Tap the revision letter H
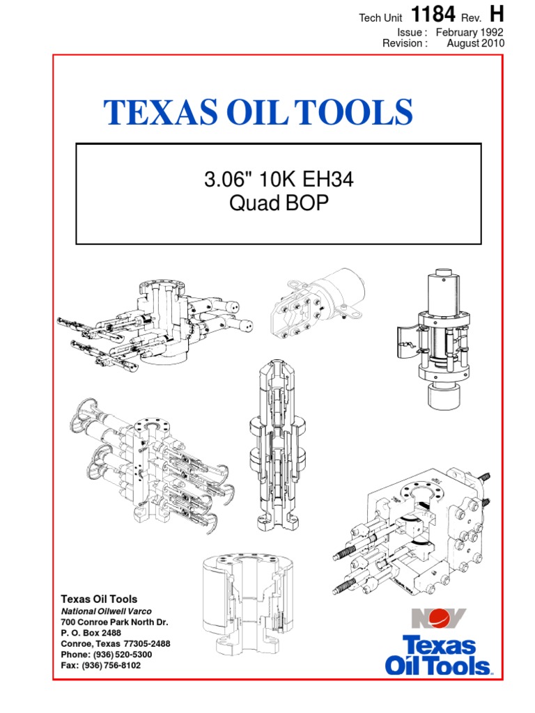[x=496, y=14]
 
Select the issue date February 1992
[x=470, y=32]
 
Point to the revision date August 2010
[x=475, y=43]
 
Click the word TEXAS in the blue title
[x=161, y=112]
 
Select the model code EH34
[x=327, y=179]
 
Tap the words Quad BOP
[x=279, y=203]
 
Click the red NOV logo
[x=439, y=618]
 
